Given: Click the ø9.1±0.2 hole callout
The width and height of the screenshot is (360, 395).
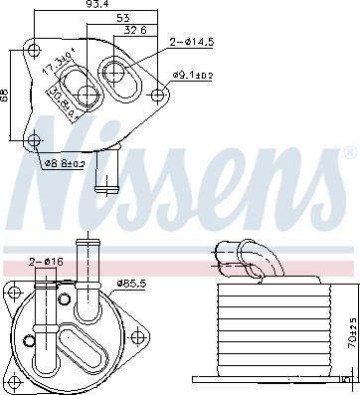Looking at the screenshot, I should pyautogui.click(x=193, y=74).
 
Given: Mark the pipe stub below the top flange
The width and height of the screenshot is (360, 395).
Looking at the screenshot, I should pyautogui.click(x=103, y=175).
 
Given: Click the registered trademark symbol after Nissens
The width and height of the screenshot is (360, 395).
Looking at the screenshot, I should pyautogui.click(x=348, y=155).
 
